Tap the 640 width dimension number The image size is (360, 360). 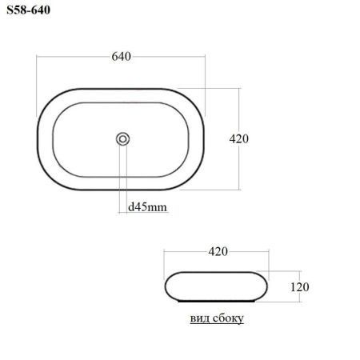pos(121,57)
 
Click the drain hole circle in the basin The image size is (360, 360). pos(122,138)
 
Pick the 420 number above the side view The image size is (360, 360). pos(218,251)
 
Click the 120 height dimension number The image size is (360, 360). pos(298,286)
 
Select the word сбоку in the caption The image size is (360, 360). pos(227,318)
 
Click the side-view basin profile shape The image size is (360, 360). pos(216,286)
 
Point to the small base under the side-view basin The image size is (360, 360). pos(217,302)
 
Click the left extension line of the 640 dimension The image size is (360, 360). pos(38,76)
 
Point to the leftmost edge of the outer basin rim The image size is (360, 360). pos(38,138)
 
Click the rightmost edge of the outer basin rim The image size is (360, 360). pos(206,138)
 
